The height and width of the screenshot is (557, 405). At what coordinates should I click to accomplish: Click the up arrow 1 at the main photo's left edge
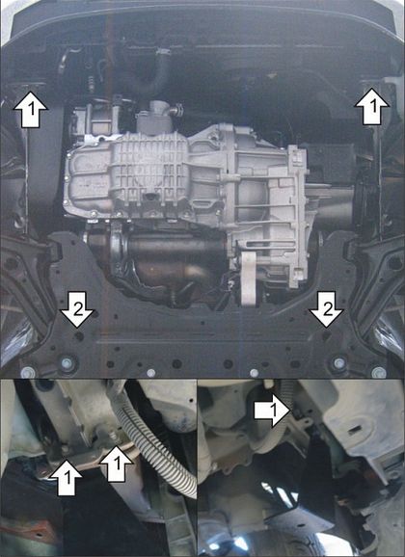(x=31, y=110)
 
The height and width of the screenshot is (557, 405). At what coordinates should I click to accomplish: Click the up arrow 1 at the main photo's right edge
(x=372, y=107)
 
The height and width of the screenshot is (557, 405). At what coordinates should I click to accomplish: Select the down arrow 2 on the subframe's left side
(x=77, y=309)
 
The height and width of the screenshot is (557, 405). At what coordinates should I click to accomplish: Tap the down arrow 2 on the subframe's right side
(x=326, y=309)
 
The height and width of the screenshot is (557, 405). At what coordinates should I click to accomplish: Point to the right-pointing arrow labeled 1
(x=273, y=411)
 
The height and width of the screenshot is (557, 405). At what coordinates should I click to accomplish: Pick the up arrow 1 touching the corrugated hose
(x=117, y=464)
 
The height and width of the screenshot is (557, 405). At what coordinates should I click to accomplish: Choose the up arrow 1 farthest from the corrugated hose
(x=67, y=477)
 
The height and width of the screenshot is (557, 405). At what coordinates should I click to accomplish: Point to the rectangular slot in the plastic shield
(x=353, y=432)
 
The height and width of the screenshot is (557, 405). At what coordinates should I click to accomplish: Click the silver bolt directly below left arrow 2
(x=67, y=363)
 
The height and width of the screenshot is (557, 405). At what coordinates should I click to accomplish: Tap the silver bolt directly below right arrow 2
(x=338, y=363)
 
